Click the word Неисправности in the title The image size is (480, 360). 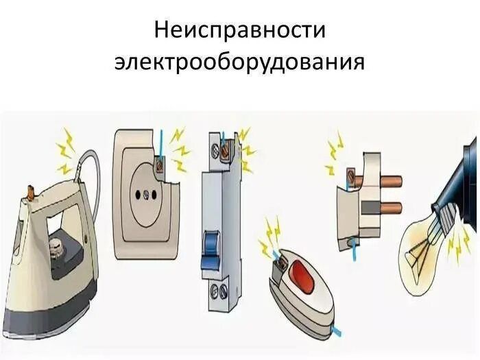239,32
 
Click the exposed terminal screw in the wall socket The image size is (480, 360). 160,165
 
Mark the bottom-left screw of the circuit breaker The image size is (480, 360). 214,289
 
